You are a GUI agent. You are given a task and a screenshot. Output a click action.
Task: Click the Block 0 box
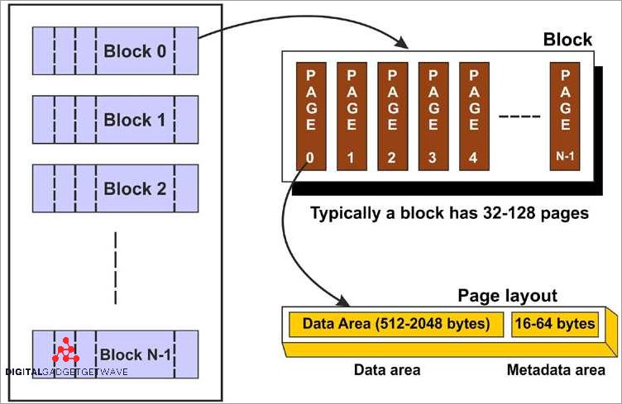[x=115, y=50]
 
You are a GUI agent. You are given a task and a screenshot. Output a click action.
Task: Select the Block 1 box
[x=115, y=120]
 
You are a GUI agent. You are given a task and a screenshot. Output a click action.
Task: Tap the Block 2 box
[x=115, y=188]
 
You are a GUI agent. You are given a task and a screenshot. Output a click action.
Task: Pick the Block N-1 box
[x=115, y=354]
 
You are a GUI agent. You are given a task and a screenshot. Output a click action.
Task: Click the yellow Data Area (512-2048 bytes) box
[x=395, y=323]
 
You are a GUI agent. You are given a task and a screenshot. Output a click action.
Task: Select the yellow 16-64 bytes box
[x=554, y=323]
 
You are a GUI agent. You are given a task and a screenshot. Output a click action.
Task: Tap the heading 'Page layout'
[x=507, y=296]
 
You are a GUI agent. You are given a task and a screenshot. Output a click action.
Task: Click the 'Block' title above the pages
[x=567, y=39]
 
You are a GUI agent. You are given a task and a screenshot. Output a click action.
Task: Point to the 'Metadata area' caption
[x=555, y=370]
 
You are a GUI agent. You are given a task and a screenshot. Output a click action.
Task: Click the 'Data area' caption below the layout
[x=386, y=370]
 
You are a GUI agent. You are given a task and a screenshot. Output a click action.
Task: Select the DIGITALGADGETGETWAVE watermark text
[x=66, y=372]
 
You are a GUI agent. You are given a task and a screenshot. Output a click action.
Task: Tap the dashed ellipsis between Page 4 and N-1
[x=519, y=113]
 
